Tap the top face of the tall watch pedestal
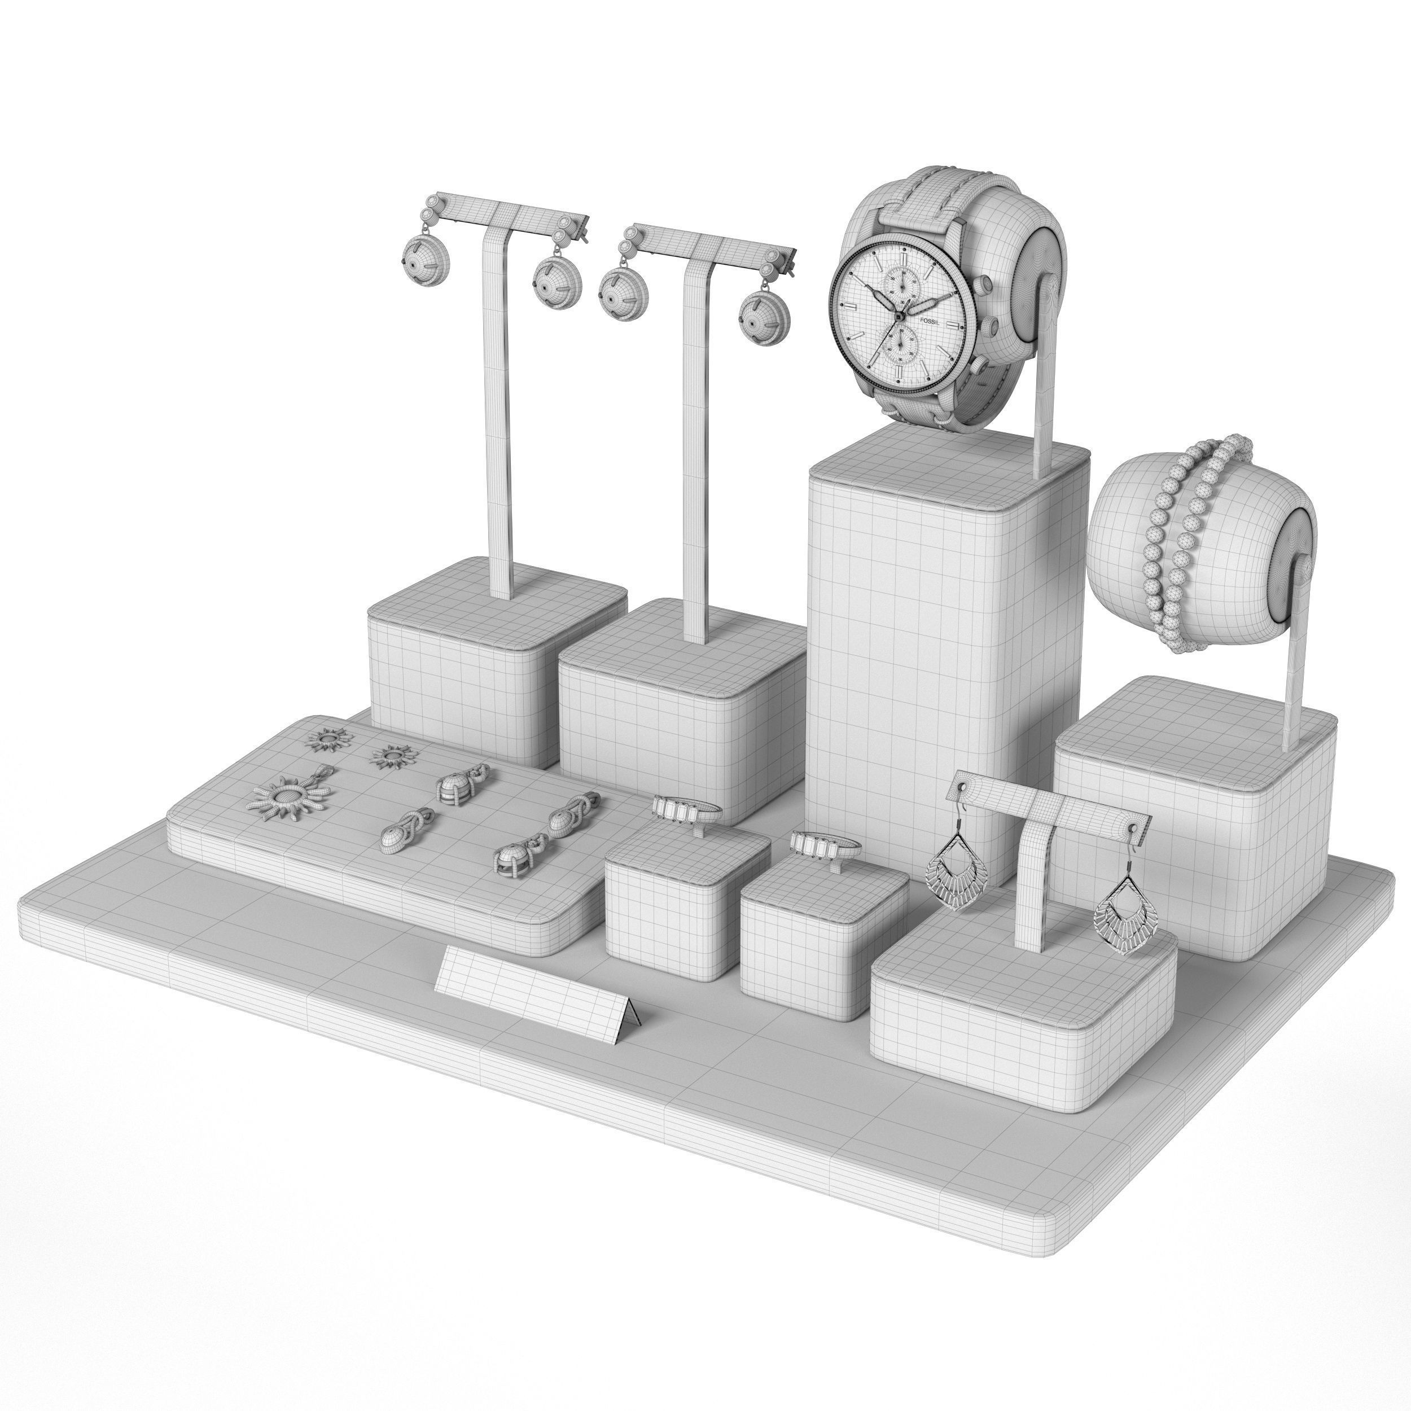click(x=949, y=457)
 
